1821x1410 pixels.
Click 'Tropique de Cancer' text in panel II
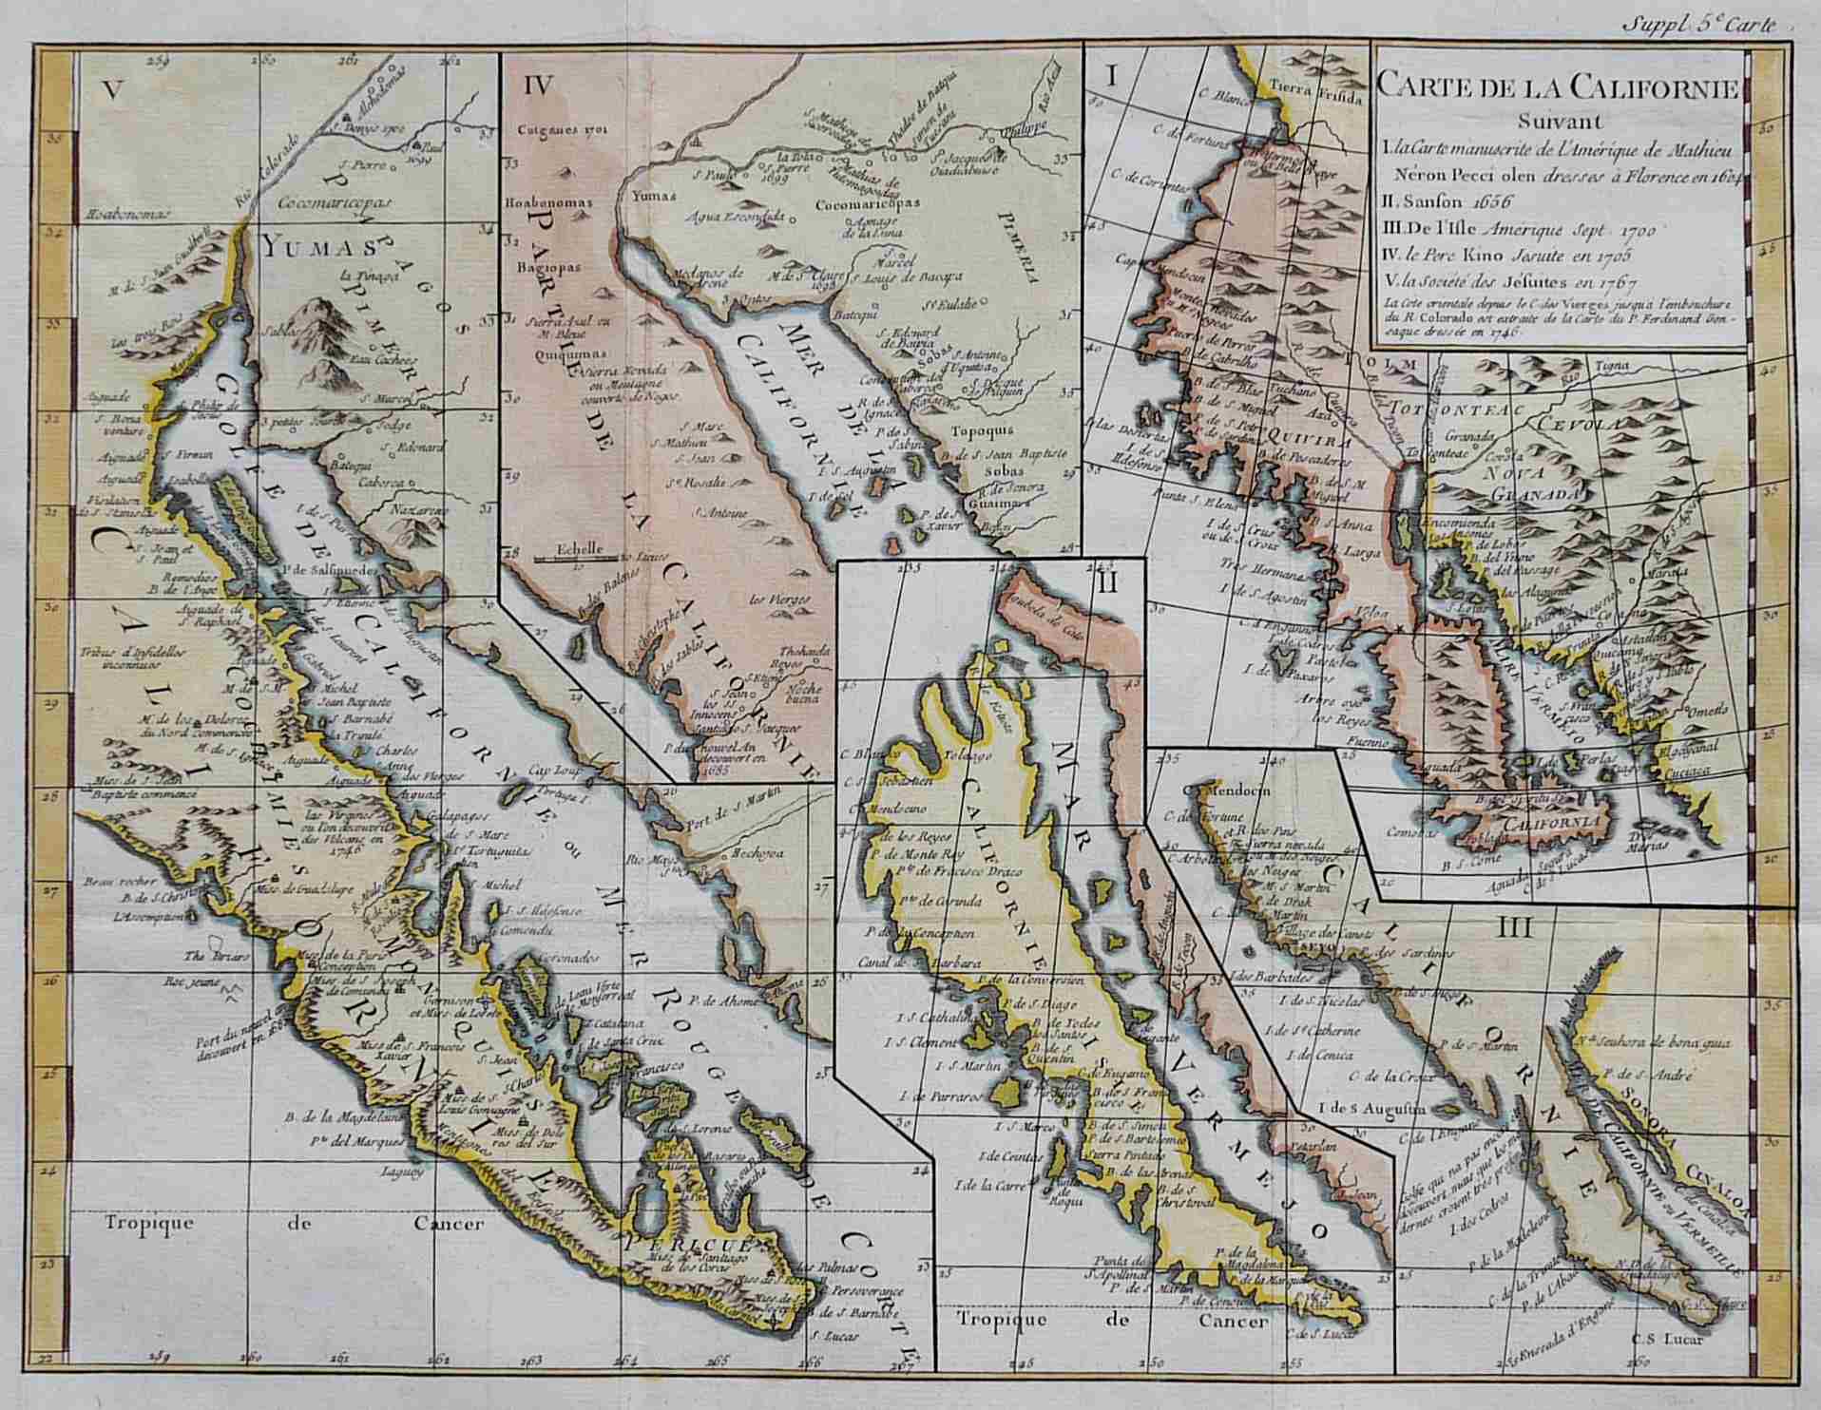tap(1113, 1321)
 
